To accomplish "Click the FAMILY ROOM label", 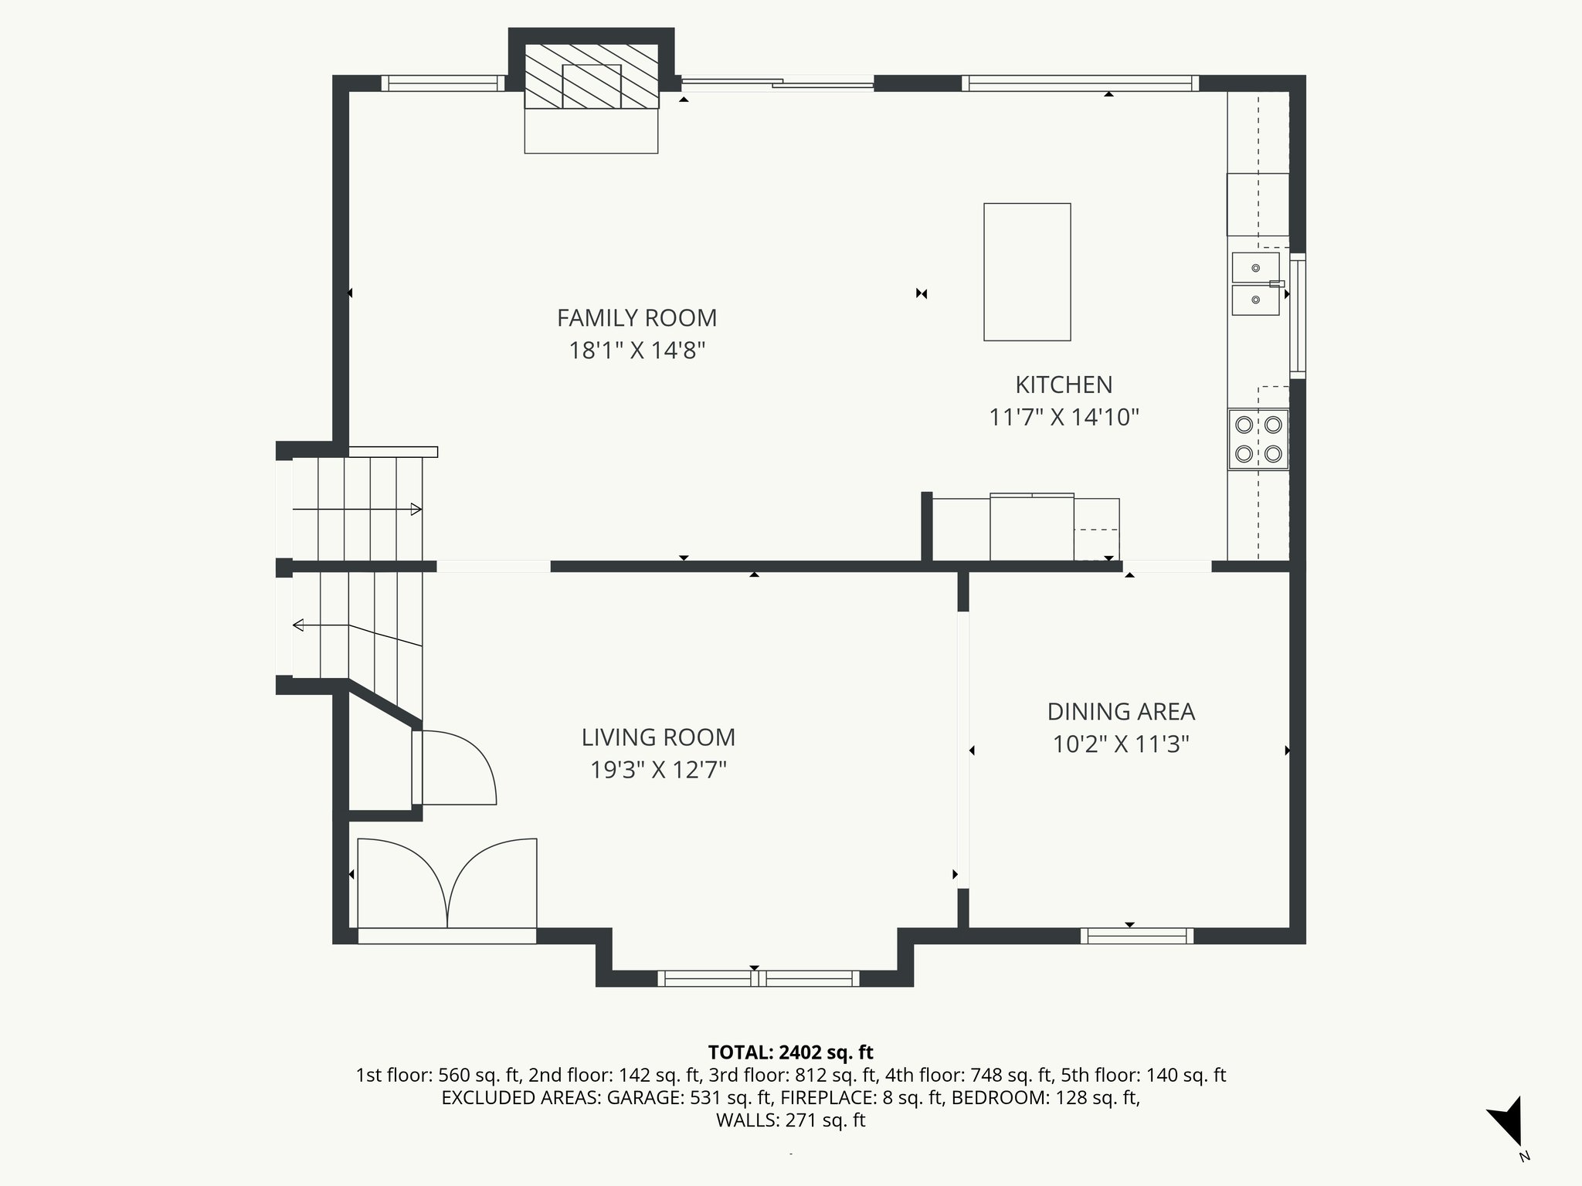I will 637,318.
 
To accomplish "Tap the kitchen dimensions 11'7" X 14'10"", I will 1064,418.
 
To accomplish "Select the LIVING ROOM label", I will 658,737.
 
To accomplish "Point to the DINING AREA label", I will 1121,711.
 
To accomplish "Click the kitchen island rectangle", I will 1027,272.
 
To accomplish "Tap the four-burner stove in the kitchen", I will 1258,439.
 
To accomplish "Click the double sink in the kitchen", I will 1255,283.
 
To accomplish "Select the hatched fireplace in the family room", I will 592,76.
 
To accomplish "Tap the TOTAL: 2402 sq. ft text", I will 790,1052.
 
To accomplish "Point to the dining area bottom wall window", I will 1136,936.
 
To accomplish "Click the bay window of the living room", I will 758,978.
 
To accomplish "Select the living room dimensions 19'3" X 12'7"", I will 658,771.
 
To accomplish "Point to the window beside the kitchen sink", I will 1298,317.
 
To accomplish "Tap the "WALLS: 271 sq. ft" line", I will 790,1120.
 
